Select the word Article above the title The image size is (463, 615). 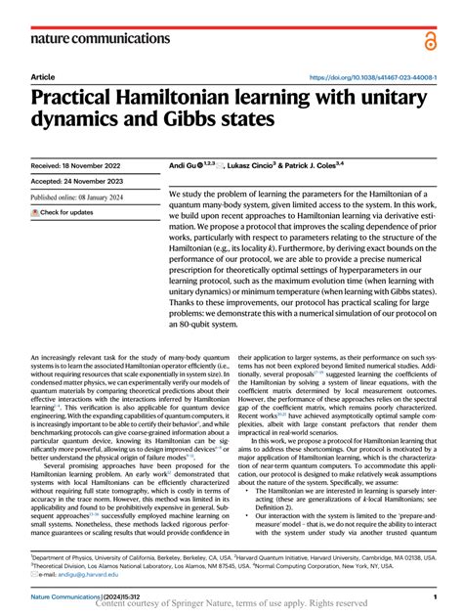[43, 76]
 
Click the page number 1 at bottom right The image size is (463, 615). [433, 595]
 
